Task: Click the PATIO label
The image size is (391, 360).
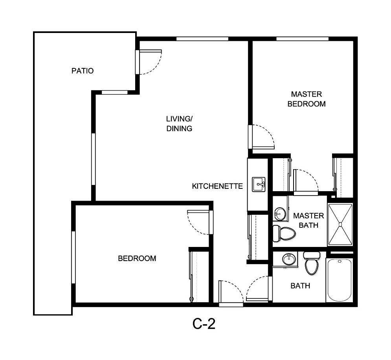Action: [83, 71]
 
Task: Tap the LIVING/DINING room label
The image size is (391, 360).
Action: [179, 123]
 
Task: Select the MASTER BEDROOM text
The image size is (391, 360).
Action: [307, 99]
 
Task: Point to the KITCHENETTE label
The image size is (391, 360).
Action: [217, 186]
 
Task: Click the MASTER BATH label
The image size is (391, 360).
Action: [308, 221]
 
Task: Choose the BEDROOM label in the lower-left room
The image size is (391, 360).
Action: [137, 258]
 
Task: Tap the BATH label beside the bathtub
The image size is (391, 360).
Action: [300, 286]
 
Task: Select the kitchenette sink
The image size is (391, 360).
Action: [259, 184]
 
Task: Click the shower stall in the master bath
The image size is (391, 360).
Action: [340, 225]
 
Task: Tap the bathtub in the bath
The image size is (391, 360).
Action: [340, 280]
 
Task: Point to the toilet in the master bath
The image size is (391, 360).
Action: [284, 233]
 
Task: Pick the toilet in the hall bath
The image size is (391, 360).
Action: [312, 264]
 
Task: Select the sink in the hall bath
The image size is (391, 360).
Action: [289, 259]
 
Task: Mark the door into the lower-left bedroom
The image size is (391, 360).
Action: [198, 222]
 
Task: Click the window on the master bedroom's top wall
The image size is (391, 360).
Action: [302, 38]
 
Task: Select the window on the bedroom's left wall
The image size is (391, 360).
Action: [73, 257]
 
